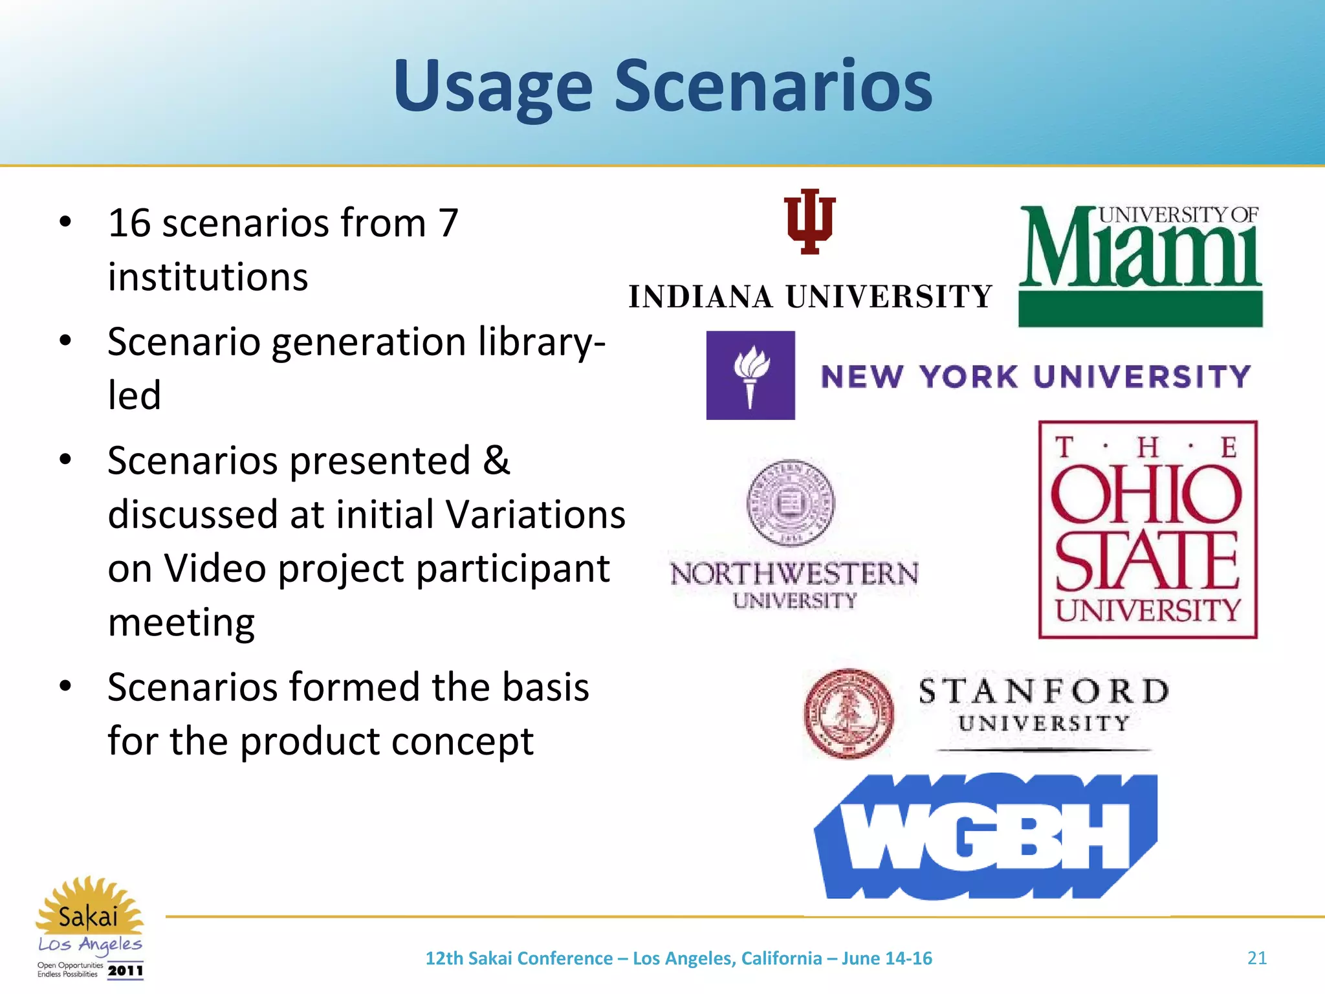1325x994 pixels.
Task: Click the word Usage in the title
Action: (493, 87)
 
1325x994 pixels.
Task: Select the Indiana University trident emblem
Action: (809, 221)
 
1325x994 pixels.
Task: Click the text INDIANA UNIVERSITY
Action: (810, 297)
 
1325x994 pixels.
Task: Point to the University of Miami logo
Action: (1140, 265)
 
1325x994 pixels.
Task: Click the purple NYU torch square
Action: (750, 375)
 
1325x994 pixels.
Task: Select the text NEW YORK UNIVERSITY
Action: (1035, 377)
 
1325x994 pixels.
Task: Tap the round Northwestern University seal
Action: (790, 503)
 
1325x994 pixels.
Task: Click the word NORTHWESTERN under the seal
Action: (794, 574)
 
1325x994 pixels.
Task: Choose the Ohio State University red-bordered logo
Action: (1147, 529)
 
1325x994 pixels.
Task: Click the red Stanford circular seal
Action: (849, 713)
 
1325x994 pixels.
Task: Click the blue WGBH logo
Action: (985, 836)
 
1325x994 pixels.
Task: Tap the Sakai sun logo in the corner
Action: (89, 909)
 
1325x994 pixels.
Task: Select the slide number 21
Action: (1256, 958)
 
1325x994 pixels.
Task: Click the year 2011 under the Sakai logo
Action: (126, 971)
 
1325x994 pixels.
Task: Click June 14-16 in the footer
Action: (886, 958)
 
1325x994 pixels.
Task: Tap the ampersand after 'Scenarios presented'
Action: (496, 461)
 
